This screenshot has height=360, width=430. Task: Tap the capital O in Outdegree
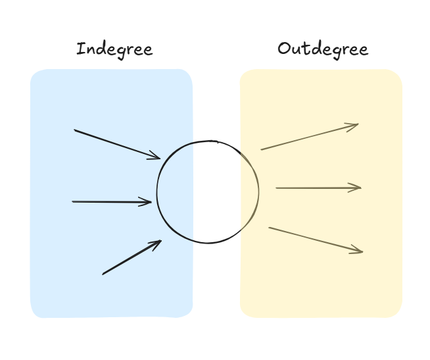point(284,49)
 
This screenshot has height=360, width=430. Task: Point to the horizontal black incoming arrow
point(112,201)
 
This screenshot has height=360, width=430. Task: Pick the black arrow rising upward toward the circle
point(131,257)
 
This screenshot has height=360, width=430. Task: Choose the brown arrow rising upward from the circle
point(309,137)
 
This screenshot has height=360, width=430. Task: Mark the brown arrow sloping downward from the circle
point(316,240)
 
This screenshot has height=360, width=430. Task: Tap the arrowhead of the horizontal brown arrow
point(357,188)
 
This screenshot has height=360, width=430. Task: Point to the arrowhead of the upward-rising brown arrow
point(354,125)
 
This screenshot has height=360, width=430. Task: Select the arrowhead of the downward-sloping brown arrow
point(358,251)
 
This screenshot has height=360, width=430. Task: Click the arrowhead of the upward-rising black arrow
point(157,244)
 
